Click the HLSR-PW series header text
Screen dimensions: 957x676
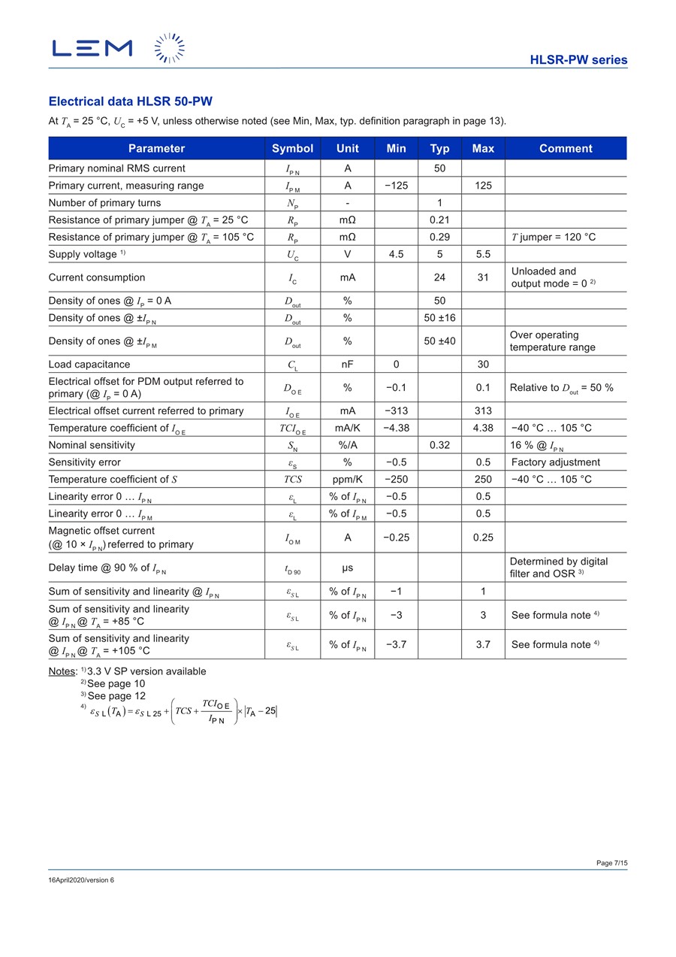click(x=578, y=60)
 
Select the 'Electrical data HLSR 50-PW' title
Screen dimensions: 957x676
click(x=135, y=101)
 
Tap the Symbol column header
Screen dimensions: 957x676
click(x=292, y=148)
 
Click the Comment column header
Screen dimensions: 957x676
click(x=565, y=148)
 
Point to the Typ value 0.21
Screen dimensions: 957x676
click(x=439, y=220)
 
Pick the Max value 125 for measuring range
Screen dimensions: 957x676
click(x=483, y=186)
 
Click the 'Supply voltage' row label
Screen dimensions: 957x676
click(x=83, y=254)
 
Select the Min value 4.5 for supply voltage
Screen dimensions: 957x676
click(x=396, y=254)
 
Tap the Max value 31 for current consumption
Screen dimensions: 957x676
click(x=483, y=277)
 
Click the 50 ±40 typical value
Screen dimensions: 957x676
click(x=439, y=341)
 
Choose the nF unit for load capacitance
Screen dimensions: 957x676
click(x=347, y=365)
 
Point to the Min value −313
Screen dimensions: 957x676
click(x=396, y=410)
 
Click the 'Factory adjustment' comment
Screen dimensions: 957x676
click(x=555, y=462)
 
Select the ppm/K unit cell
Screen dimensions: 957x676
click(x=347, y=480)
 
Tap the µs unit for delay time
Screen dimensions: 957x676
click(x=347, y=568)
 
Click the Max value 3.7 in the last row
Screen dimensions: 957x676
click(x=483, y=644)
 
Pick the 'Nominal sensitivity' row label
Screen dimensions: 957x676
click(x=92, y=445)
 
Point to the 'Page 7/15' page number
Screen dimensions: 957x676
click(x=611, y=863)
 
